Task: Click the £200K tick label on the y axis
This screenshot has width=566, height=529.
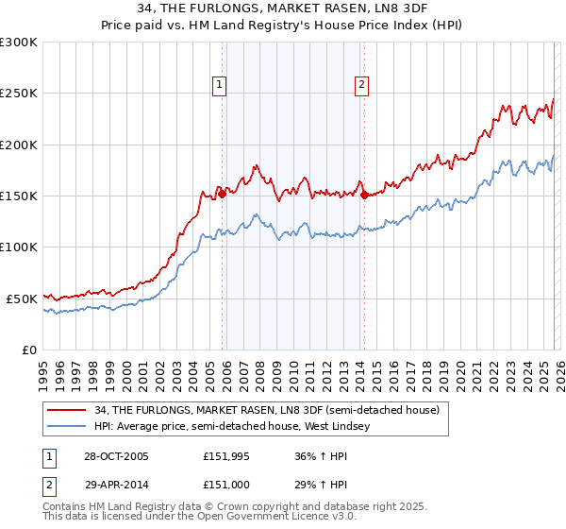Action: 18,145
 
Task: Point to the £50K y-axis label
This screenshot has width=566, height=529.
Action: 21,299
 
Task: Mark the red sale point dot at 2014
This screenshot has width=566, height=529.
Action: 364,196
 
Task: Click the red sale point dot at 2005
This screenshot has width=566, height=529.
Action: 223,195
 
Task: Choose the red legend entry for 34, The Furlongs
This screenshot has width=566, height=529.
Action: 267,410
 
